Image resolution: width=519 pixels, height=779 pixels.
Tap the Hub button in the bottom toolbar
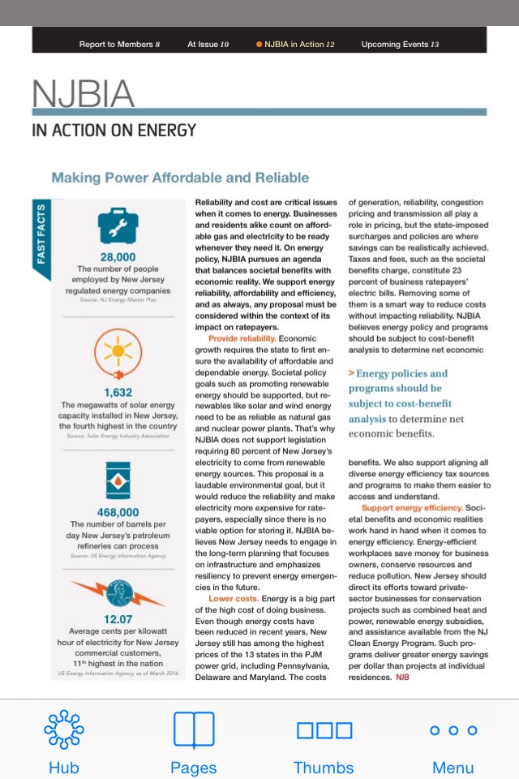click(64, 742)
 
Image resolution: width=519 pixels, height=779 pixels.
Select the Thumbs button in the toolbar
click(324, 742)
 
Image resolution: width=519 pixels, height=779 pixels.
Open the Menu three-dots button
click(453, 742)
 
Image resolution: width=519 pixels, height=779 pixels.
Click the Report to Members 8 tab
click(119, 44)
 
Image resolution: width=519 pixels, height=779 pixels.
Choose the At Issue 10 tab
click(208, 44)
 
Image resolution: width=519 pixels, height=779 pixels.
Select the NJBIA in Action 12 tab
click(295, 44)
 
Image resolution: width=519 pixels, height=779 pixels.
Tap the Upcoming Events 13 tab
click(400, 44)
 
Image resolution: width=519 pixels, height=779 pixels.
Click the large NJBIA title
click(83, 95)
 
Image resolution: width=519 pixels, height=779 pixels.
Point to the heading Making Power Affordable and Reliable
click(180, 178)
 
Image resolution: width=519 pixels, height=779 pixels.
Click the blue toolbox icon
click(118, 226)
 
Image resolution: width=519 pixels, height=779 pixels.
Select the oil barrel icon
click(118, 480)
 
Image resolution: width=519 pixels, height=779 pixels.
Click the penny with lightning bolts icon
click(118, 593)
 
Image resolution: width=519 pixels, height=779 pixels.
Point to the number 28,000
click(118, 257)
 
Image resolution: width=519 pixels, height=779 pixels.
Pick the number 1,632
click(118, 393)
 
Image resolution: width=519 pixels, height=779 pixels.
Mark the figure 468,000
click(118, 513)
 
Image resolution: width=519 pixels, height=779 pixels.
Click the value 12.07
click(118, 619)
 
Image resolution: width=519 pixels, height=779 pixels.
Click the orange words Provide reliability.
click(242, 338)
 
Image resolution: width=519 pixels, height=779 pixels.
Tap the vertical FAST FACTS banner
click(41, 240)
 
